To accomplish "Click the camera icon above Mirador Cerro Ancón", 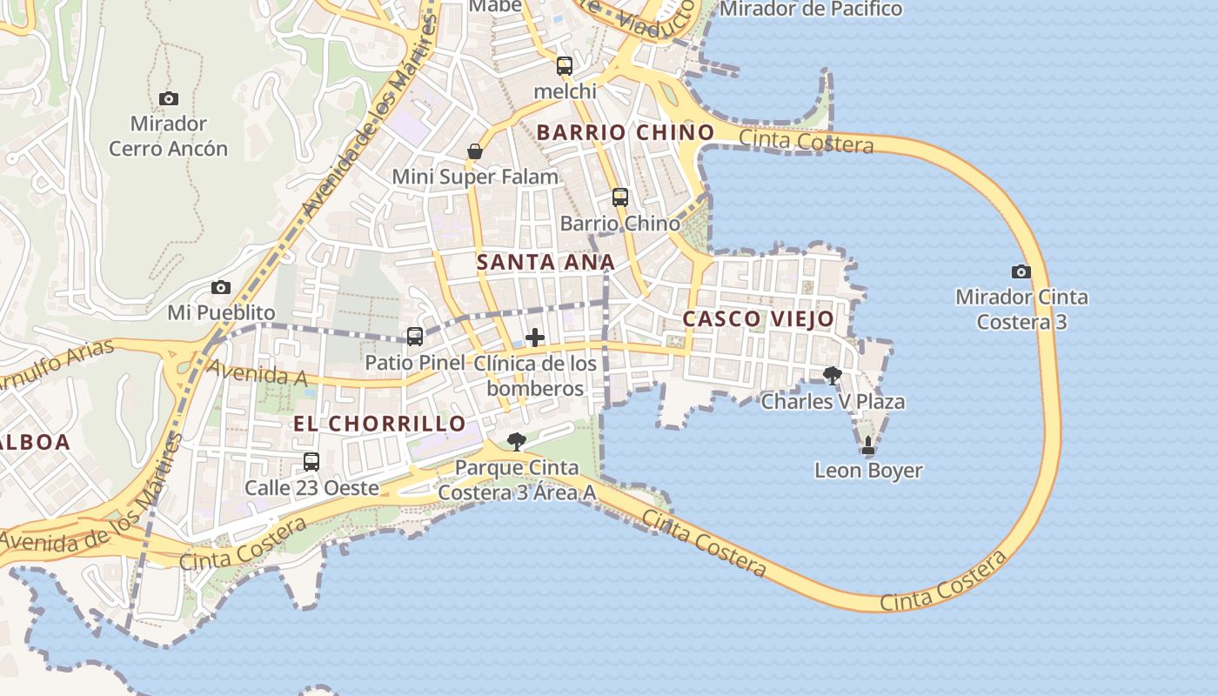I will (169, 99).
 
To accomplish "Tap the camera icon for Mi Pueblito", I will (221, 287).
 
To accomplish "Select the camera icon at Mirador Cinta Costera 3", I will (1021, 272).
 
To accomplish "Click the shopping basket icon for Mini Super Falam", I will (475, 152).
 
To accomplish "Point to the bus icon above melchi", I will (565, 66).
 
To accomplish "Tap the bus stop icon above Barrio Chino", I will (620, 197).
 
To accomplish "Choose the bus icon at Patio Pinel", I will (415, 337).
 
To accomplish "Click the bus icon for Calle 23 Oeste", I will (311, 462).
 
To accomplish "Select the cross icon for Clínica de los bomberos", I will (535, 338).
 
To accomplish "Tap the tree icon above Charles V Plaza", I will (833, 376).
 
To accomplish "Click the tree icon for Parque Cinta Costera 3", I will (517, 442).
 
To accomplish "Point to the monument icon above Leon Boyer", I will (867, 446).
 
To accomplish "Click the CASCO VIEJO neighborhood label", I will (758, 319).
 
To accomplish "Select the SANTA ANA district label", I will (545, 262).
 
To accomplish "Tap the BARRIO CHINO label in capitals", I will (626, 133).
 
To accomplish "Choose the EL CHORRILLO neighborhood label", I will (379, 424).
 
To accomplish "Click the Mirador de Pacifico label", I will (811, 10).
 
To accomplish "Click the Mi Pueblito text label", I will (221, 312).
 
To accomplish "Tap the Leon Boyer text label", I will (868, 471).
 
